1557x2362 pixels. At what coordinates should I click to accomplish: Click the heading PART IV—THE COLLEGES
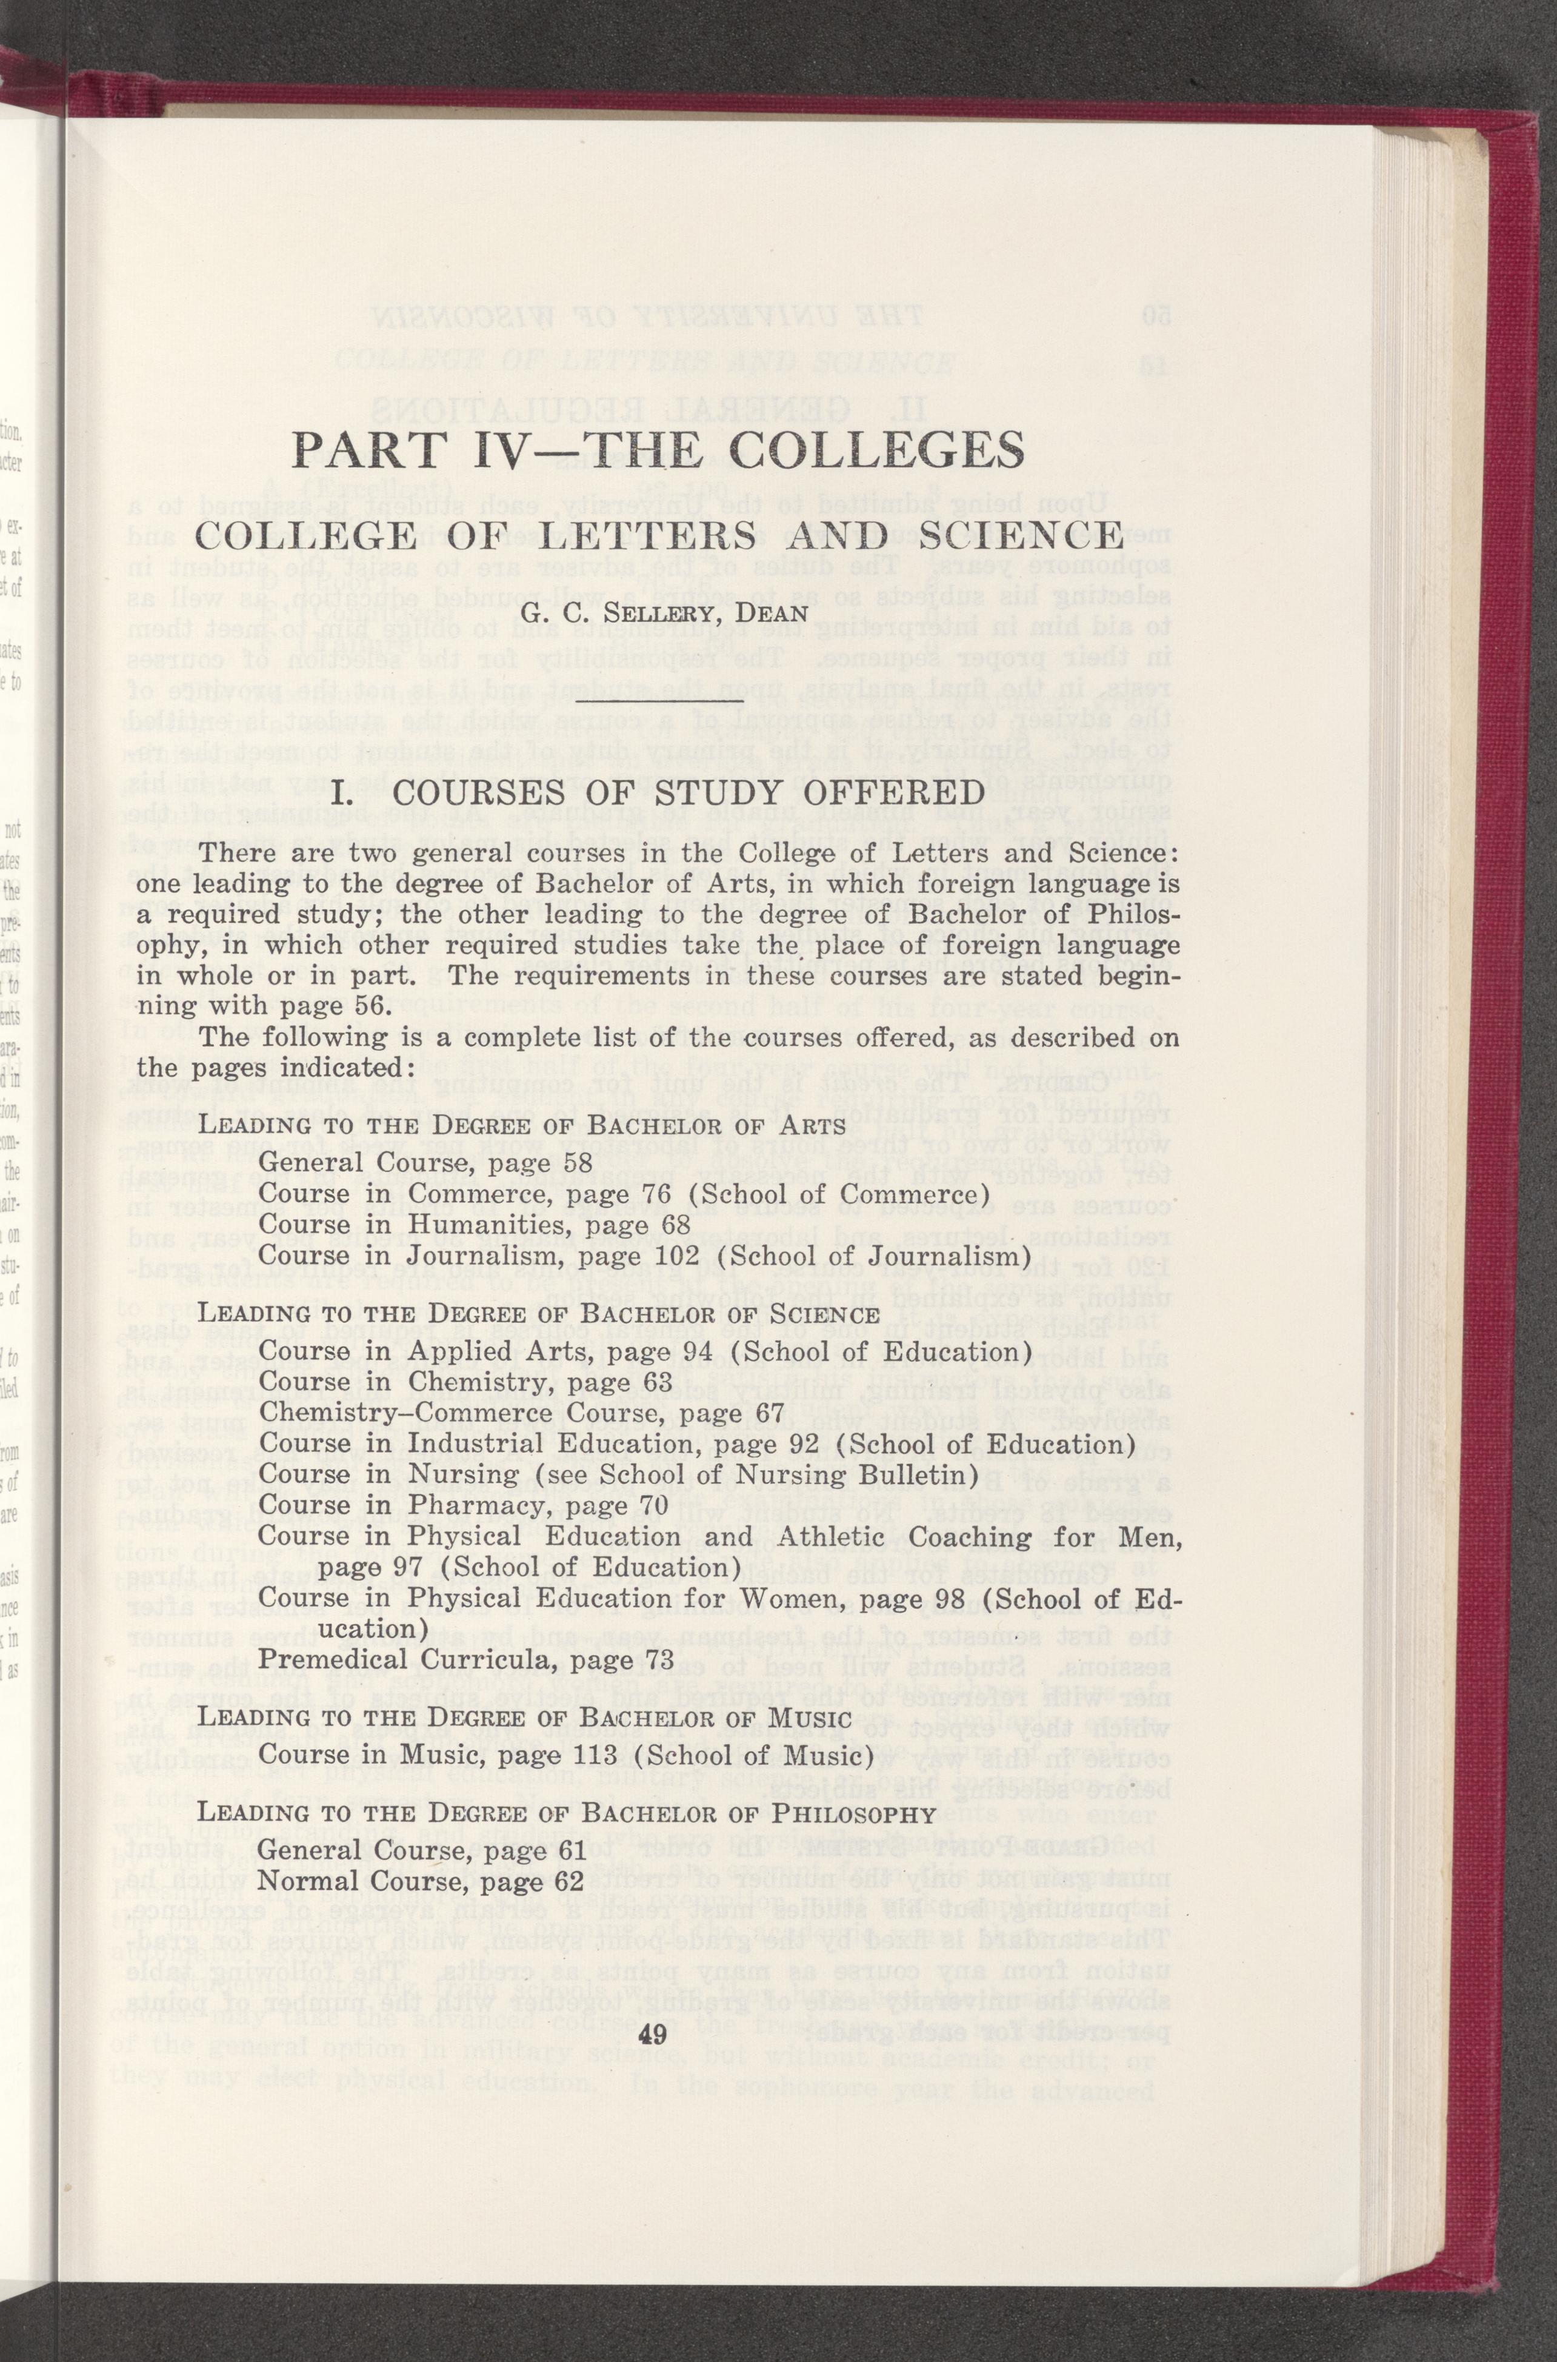coord(658,451)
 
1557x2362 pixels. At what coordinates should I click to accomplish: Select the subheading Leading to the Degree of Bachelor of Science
coord(539,1316)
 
